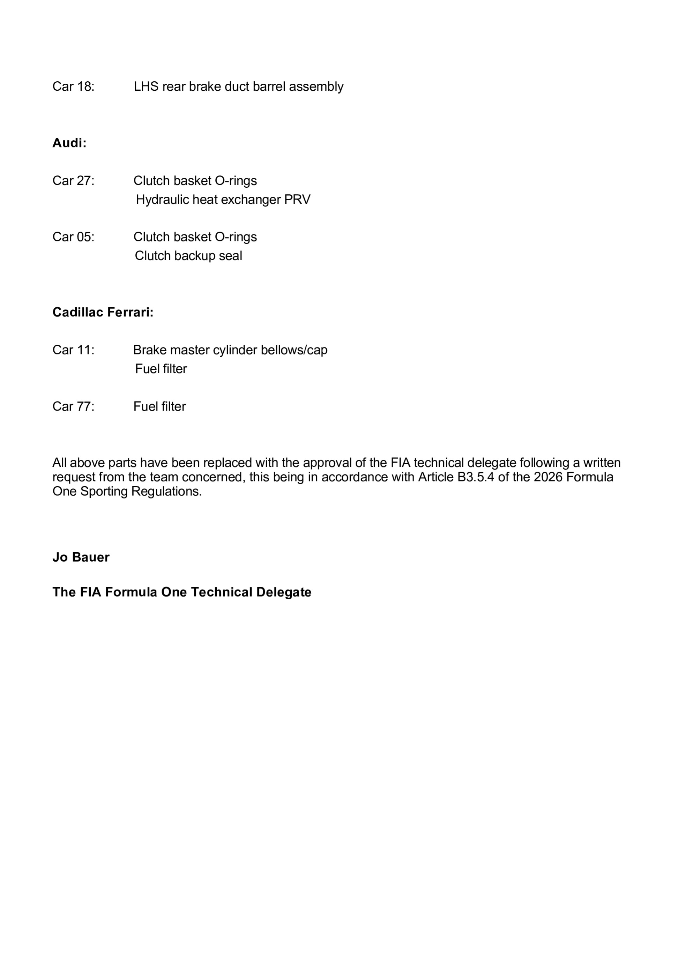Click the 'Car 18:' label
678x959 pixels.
click(73, 87)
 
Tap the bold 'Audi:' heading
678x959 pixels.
click(69, 143)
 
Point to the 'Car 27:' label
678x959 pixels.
click(73, 180)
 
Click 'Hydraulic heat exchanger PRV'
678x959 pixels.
click(223, 200)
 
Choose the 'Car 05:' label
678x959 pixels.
click(73, 237)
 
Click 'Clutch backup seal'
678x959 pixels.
click(188, 256)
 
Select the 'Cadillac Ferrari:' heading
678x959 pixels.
click(103, 312)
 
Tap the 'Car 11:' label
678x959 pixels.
click(73, 350)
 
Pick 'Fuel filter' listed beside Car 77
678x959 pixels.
click(159, 406)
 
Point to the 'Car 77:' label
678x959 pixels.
click(73, 406)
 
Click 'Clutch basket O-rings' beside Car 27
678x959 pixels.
click(195, 180)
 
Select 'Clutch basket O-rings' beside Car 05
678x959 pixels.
click(195, 237)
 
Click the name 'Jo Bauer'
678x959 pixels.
click(81, 557)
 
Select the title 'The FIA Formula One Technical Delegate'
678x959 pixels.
click(182, 592)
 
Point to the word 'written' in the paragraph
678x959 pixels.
click(602, 463)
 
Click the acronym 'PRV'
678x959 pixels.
click(297, 200)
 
